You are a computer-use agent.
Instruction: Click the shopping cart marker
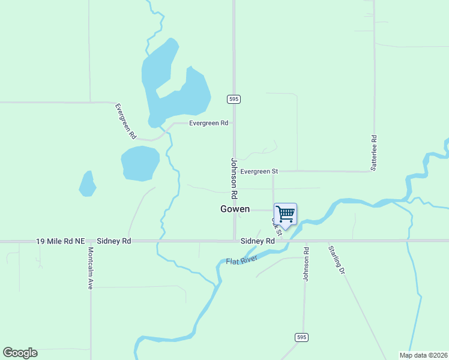[286, 214]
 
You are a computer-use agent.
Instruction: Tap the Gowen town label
[235, 209]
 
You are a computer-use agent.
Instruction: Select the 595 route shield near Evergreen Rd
[234, 99]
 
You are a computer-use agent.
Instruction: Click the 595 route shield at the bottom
[301, 338]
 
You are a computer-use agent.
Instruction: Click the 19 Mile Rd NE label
[60, 241]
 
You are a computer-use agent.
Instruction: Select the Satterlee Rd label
[373, 153]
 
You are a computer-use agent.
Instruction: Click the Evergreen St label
[259, 171]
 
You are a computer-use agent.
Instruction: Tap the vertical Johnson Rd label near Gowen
[234, 178]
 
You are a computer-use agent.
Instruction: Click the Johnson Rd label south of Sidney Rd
[306, 263]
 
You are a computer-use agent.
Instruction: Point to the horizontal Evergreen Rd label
[208, 123]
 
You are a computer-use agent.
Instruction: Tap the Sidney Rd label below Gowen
[258, 241]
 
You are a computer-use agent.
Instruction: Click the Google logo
[20, 353]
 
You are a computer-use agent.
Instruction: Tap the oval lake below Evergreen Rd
[140, 163]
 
